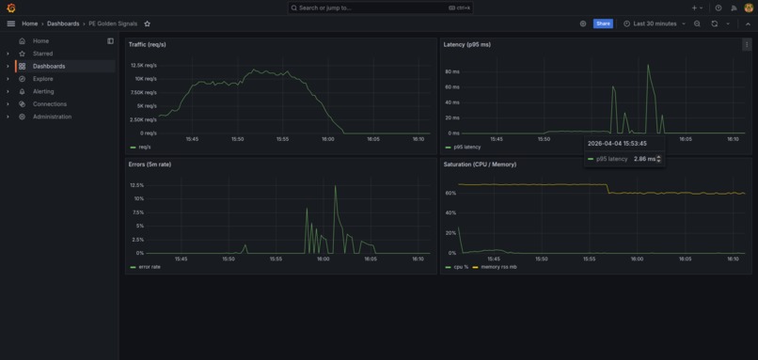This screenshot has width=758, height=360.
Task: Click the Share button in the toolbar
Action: [603, 23]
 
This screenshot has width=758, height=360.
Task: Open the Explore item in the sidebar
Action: [43, 79]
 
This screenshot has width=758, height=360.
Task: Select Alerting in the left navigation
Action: [43, 91]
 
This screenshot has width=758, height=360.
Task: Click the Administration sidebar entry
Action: [52, 117]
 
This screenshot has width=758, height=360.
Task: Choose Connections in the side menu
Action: [50, 104]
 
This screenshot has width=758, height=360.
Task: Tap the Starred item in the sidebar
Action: [42, 54]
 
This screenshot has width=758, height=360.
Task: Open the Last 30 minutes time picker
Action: [655, 23]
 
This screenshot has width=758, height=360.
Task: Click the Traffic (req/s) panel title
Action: [148, 44]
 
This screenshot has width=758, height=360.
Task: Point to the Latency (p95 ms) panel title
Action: [466, 44]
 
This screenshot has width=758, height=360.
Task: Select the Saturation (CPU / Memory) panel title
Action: [480, 164]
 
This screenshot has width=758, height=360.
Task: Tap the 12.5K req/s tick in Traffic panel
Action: [144, 66]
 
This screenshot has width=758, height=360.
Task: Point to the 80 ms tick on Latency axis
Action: [452, 71]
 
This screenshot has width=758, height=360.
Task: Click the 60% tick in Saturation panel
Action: [450, 194]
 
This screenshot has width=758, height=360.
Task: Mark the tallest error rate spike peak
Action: [335, 186]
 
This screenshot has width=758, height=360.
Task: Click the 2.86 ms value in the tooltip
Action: [645, 159]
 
